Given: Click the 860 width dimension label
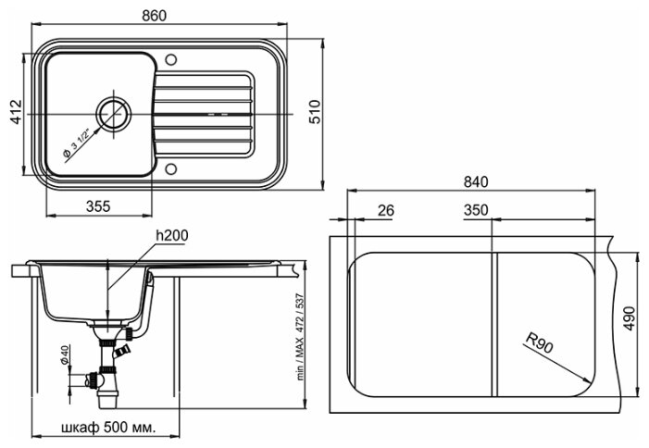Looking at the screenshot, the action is coord(154,16).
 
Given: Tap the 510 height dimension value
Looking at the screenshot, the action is coord(315,112).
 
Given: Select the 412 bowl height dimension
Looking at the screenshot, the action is coord(16,112).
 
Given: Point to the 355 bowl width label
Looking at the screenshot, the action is coord(98,206).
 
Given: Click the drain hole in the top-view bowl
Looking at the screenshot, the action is coord(114,113).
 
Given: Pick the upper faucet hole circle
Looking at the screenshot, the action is coord(170,59).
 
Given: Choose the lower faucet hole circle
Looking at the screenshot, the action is coord(170,168).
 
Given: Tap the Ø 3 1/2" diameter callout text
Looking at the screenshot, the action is coord(77,143).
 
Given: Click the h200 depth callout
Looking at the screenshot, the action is coord(172,235).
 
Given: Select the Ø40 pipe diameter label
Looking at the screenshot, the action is coord(64,355).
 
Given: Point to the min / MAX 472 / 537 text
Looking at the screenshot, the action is coord(300,337).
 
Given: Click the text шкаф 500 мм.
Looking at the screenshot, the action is coord(108,427).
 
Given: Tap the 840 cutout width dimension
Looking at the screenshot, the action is coord(476,181).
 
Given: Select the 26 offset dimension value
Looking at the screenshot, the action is coord(386,210).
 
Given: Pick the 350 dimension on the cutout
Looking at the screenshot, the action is coord(476,210).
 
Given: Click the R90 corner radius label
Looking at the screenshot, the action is coord(539,342).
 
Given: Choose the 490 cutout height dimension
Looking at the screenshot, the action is coord(630,318).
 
